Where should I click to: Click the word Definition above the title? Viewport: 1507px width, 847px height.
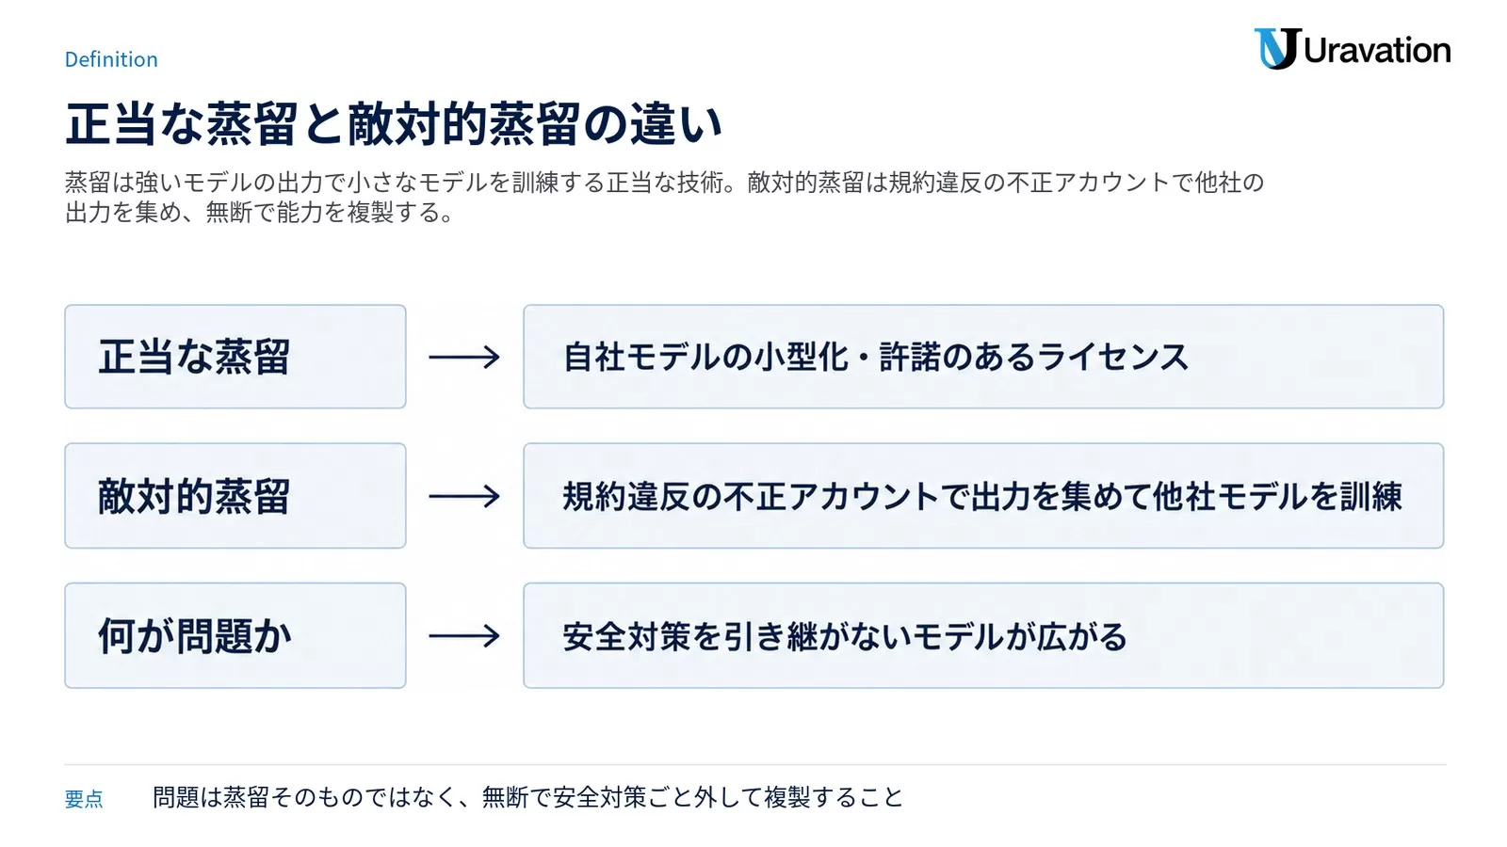[x=111, y=59]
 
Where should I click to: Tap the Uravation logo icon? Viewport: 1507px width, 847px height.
[x=1277, y=48]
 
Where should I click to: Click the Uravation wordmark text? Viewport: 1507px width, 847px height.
[x=1377, y=51]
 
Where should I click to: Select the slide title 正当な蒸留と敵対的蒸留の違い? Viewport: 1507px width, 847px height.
[x=394, y=124]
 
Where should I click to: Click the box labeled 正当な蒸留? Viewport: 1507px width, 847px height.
[x=235, y=357]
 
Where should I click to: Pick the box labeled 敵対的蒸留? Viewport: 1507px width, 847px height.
[x=235, y=496]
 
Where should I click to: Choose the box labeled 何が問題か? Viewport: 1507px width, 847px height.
[x=235, y=636]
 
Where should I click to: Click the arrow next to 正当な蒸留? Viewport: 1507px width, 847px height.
[x=464, y=357]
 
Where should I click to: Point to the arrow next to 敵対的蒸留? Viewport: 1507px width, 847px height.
[x=464, y=497]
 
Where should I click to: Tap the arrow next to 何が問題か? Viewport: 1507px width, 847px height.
[x=464, y=636]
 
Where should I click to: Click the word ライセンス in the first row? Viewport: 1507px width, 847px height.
[x=1112, y=357]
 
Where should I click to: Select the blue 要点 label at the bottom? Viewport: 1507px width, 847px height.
[x=84, y=799]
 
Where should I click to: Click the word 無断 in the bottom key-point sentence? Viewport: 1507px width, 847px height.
[x=505, y=797]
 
